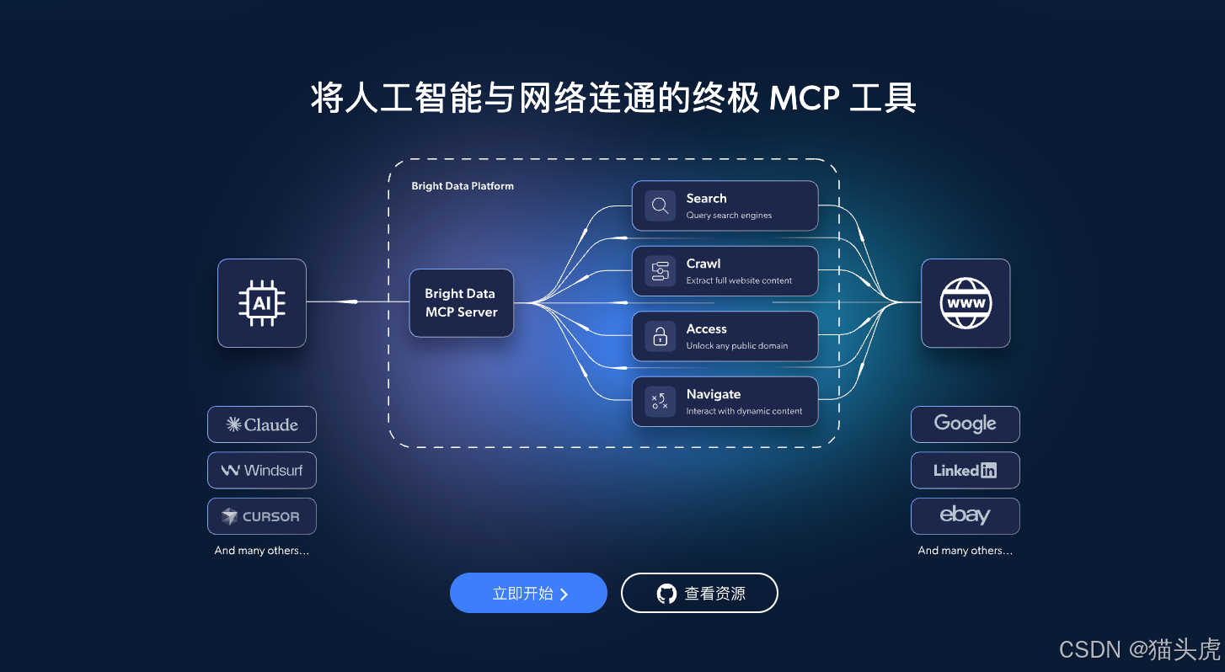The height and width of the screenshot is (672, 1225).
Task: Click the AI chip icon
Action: click(262, 302)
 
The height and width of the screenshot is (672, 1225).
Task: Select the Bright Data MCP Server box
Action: click(461, 303)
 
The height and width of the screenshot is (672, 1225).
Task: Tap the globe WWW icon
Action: click(966, 302)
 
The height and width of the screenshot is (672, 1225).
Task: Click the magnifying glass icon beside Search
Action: click(661, 205)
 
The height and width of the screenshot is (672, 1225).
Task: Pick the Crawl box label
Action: click(703, 264)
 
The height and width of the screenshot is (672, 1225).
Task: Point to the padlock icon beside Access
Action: click(661, 336)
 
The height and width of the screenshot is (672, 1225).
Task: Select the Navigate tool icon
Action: click(661, 402)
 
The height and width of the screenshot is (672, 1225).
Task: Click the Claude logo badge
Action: click(262, 424)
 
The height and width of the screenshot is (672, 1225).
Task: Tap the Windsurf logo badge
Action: click(262, 470)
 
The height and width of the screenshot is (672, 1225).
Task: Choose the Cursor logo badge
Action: click(262, 516)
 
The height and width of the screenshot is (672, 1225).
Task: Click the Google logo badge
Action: click(966, 424)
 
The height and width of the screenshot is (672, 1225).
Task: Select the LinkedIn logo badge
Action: click(966, 470)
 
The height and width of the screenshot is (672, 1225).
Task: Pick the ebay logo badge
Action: click(966, 515)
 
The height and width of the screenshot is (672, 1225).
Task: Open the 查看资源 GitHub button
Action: click(699, 593)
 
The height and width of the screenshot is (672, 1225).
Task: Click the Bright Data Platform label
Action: click(463, 186)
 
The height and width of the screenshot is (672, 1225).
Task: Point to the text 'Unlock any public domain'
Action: click(736, 345)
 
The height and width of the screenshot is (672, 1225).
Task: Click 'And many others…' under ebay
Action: click(966, 551)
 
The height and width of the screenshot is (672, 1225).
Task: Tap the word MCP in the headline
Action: click(804, 99)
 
